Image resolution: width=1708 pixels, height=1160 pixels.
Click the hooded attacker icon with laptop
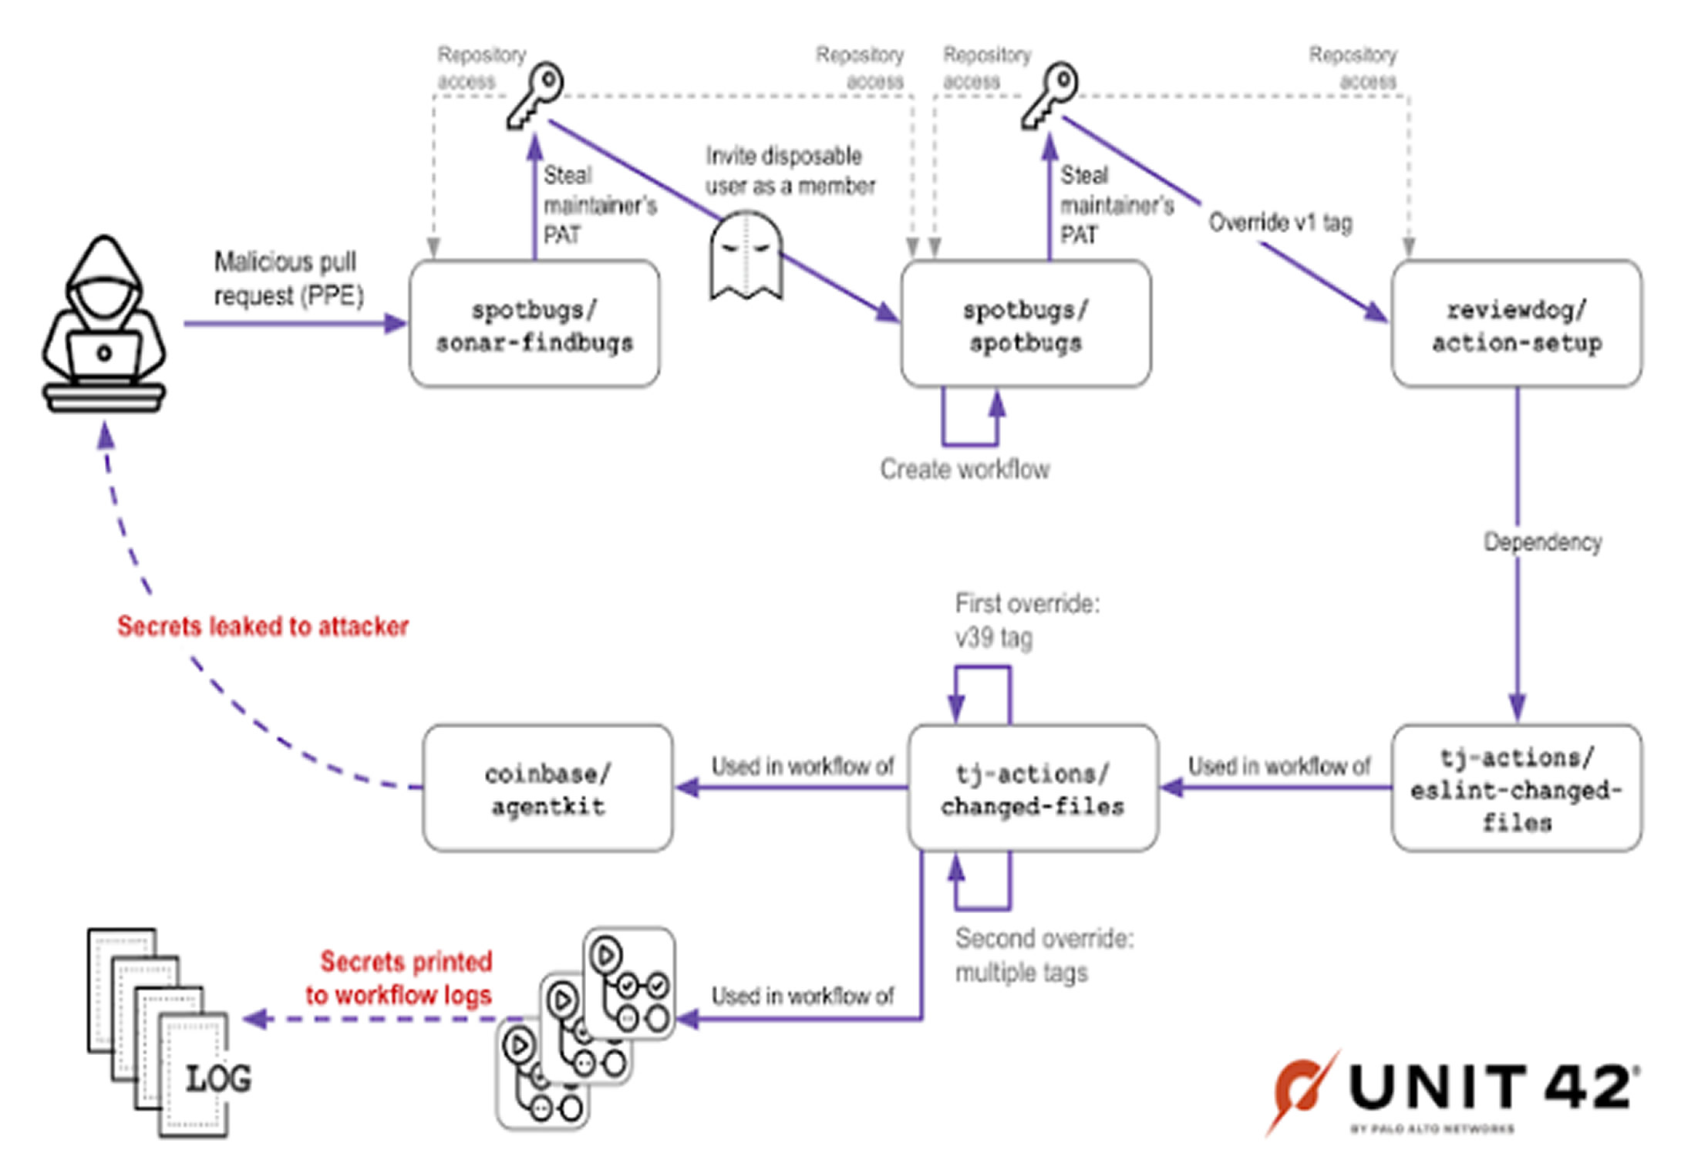103,324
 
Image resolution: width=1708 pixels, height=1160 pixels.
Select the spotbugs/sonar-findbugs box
534,325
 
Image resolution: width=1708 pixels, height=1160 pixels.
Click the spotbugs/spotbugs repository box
1026,325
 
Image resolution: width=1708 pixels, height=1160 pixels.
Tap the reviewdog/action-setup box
1517,325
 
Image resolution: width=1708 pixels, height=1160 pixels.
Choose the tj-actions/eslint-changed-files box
1517,789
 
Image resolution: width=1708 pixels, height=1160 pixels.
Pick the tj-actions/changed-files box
1033,789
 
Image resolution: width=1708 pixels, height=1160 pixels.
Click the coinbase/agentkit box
547,789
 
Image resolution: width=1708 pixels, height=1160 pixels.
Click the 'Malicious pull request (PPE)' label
288,278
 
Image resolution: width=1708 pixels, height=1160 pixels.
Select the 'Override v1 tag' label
1280,223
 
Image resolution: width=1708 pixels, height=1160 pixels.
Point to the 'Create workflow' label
965,469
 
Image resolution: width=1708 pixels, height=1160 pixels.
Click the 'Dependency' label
1543,542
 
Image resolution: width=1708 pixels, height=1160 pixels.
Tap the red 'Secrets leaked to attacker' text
263,626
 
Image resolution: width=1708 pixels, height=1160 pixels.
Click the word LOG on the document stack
218,1078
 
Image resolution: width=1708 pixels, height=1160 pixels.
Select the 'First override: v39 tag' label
1027,621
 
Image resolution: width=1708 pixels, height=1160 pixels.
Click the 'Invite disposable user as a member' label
790,171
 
